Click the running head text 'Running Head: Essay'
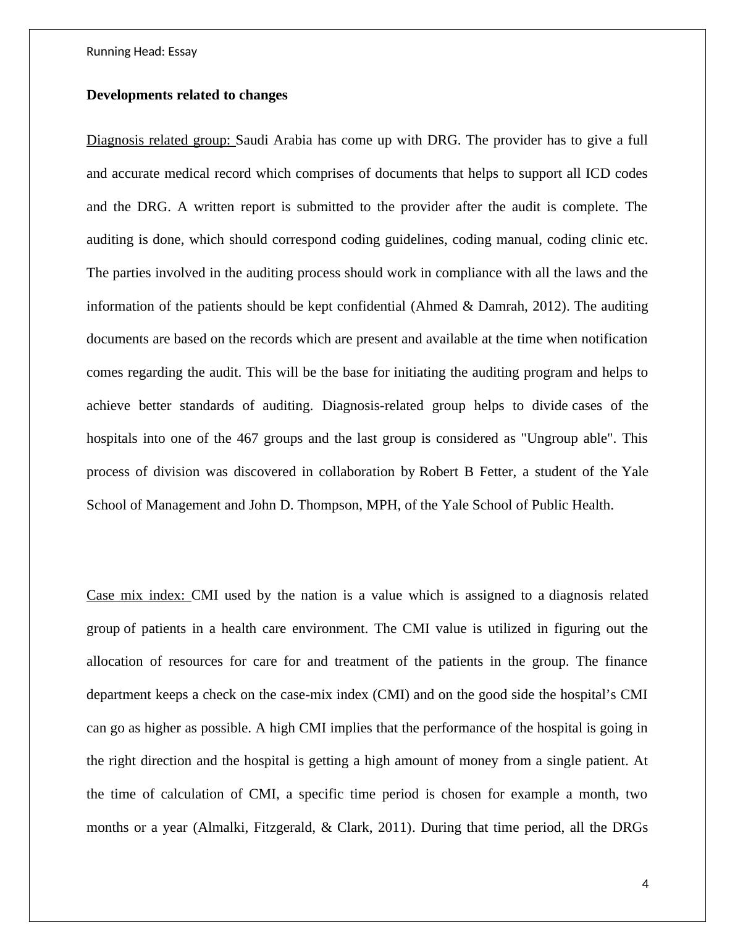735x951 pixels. (x=141, y=52)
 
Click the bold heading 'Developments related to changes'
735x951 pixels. (x=187, y=95)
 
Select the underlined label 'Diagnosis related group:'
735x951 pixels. (x=159, y=140)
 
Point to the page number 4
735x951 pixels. (x=645, y=884)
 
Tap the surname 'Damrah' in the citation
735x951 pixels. (x=500, y=306)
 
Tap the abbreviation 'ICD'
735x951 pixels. (x=597, y=174)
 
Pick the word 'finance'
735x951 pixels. (x=626, y=661)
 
